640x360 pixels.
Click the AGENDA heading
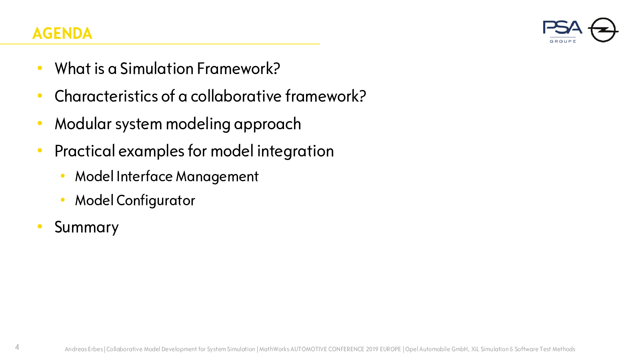tap(62, 34)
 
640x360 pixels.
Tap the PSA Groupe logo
tap(562, 32)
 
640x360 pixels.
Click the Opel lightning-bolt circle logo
tap(603, 30)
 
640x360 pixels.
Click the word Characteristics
tap(106, 96)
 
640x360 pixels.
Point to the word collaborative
tap(236, 96)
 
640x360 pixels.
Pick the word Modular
tap(83, 124)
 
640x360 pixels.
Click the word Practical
tap(84, 151)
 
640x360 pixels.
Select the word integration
tap(296, 152)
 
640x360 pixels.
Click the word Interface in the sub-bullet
tap(144, 176)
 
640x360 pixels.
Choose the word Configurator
tap(156, 201)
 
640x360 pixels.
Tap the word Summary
tap(86, 228)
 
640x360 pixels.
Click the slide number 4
tap(17, 347)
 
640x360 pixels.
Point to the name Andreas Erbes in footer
tap(84, 349)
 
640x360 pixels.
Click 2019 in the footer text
tap(372, 349)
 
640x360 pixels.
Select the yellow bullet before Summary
tap(40, 226)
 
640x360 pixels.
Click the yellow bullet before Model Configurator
tap(63, 200)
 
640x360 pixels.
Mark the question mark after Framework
tap(276, 68)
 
